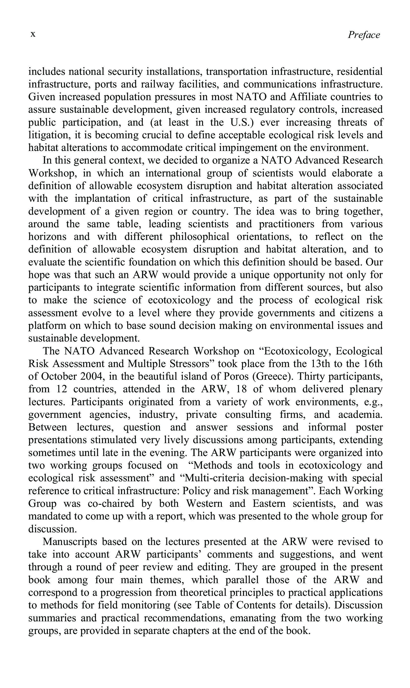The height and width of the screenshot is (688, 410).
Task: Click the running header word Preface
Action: coord(364,35)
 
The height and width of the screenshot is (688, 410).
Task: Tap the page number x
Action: coord(33,34)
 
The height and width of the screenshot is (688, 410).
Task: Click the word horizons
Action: coord(48,237)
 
